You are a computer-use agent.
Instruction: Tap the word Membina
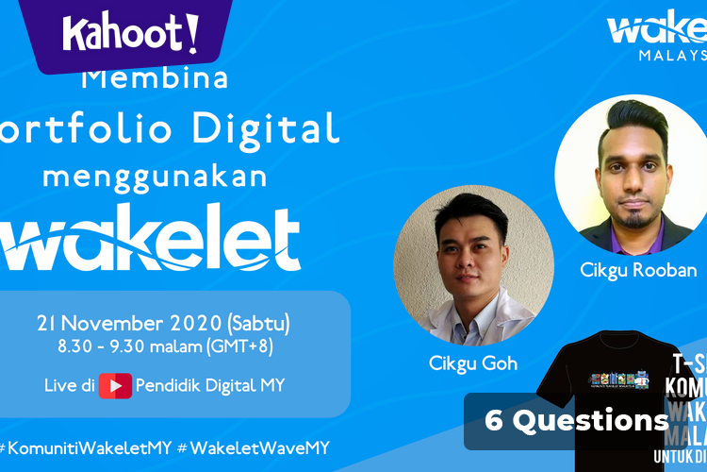[x=156, y=78]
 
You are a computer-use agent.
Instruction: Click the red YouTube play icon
[x=115, y=386]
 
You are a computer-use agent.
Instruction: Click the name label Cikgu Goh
[x=471, y=364]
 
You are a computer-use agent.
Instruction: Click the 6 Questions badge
[x=576, y=421]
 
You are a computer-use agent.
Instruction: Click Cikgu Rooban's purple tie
[x=629, y=241]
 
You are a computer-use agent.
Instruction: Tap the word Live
[x=59, y=386]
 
